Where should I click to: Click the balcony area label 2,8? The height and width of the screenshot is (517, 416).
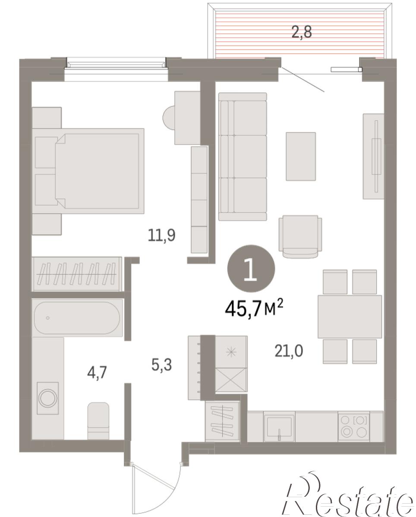pyautogui.click(x=301, y=32)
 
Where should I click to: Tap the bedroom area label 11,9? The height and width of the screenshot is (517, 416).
pyautogui.click(x=161, y=235)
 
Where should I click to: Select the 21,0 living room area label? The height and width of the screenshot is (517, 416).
pyautogui.click(x=289, y=351)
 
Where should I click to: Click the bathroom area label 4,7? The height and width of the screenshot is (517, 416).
pyautogui.click(x=97, y=373)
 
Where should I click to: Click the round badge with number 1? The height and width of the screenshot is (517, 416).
pyautogui.click(x=251, y=268)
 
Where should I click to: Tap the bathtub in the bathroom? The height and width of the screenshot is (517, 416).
pyautogui.click(x=77, y=318)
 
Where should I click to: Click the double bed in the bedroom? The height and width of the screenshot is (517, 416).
pyautogui.click(x=88, y=171)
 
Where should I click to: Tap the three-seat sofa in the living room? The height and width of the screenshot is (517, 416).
pyautogui.click(x=243, y=157)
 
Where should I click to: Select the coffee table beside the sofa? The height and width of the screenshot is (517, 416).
pyautogui.click(x=301, y=156)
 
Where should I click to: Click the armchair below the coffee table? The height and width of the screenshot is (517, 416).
pyautogui.click(x=300, y=237)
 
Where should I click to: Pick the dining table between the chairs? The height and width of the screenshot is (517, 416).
pyautogui.click(x=350, y=317)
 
